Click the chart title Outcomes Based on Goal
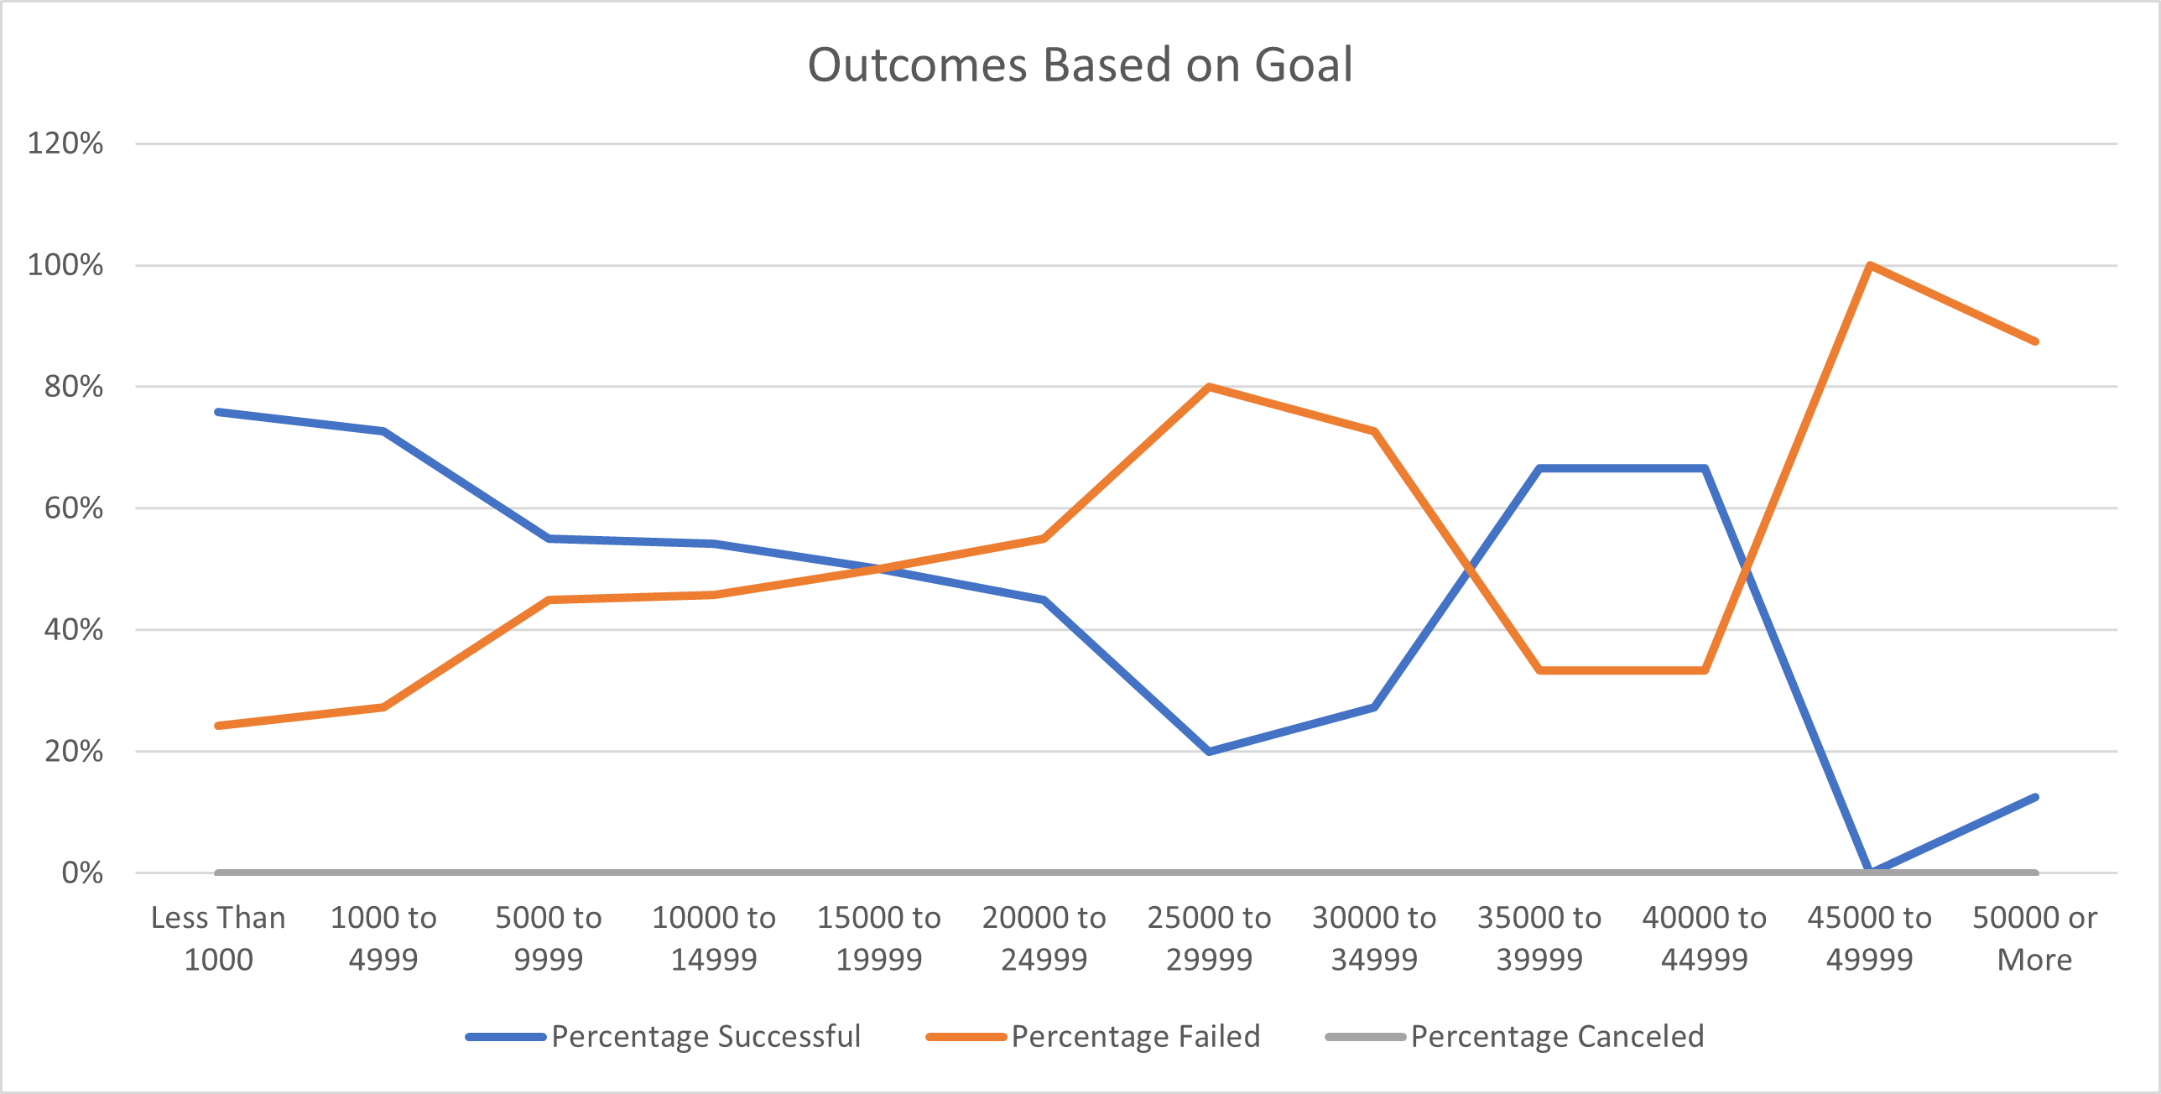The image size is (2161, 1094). [x=1080, y=65]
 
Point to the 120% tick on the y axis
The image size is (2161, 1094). [x=65, y=143]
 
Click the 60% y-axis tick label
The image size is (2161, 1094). [x=74, y=508]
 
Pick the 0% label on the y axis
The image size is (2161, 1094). [x=82, y=873]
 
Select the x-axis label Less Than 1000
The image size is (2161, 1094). [x=218, y=938]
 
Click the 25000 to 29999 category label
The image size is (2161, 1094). [x=1209, y=938]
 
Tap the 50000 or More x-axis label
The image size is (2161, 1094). [x=2034, y=938]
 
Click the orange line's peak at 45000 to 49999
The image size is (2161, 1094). [x=1870, y=266]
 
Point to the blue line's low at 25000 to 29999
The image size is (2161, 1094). [x=1209, y=751]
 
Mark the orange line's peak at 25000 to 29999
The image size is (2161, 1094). [x=1209, y=387]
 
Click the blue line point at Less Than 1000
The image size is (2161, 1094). [x=218, y=412]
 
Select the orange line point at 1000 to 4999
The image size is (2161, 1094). [x=383, y=707]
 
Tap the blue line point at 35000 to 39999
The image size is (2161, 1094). [x=1539, y=468]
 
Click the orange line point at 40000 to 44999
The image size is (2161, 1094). [x=1705, y=670]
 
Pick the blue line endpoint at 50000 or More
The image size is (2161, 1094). [x=2034, y=797]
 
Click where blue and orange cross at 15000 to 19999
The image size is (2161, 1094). [x=879, y=569]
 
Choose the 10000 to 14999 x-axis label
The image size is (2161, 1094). [x=714, y=938]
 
